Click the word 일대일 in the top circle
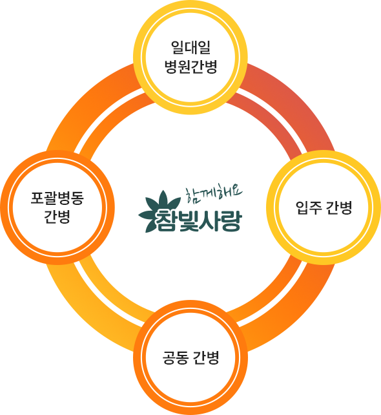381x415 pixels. pyautogui.click(x=190, y=48)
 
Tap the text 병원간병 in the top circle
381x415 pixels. pyautogui.click(x=190, y=67)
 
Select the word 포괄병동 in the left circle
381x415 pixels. pyautogui.click(x=57, y=198)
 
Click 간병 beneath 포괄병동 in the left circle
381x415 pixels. pyautogui.click(x=57, y=217)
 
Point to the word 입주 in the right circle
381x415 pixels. pyautogui.click(x=308, y=207)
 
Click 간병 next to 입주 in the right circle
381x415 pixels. pyautogui.click(x=338, y=207)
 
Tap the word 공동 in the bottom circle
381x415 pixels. pyautogui.click(x=175, y=357)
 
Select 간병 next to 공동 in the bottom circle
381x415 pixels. pyautogui.click(x=206, y=357)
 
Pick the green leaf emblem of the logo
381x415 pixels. pyautogui.click(x=160, y=211)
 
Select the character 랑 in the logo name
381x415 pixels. pyautogui.click(x=231, y=220)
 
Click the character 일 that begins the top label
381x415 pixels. pyautogui.click(x=178, y=48)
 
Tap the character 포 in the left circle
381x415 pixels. pyautogui.click(x=37, y=198)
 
